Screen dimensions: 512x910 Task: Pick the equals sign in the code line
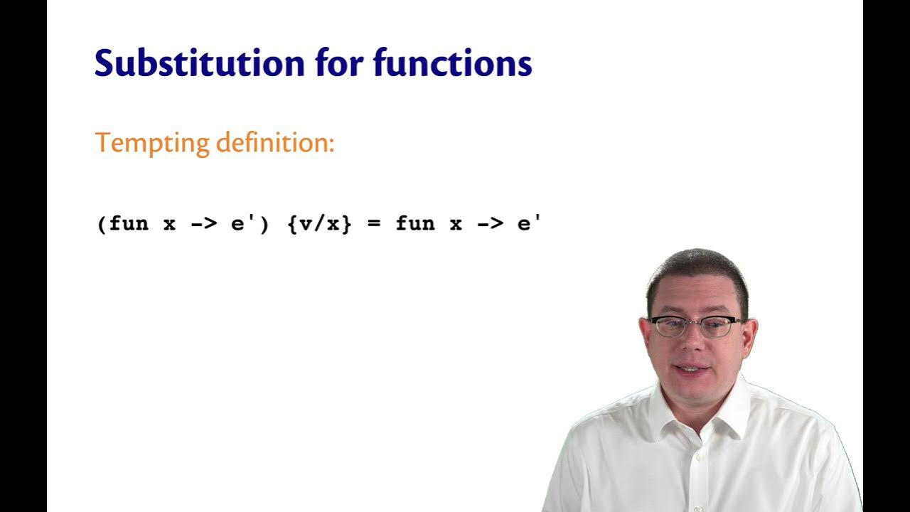coord(374,225)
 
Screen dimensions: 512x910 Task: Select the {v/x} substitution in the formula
coord(320,225)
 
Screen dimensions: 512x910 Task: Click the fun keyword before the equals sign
coord(129,225)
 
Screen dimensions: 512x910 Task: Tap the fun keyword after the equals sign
coord(415,225)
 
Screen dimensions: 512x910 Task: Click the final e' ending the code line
coord(529,225)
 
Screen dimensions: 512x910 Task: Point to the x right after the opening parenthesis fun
coord(169,225)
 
